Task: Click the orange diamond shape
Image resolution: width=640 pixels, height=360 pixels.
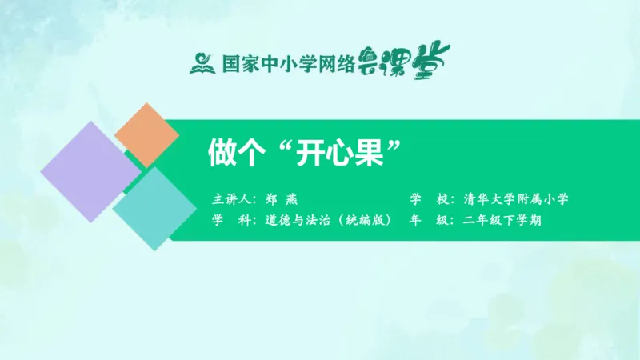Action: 146,134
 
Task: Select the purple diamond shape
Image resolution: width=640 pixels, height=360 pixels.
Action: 90,172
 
